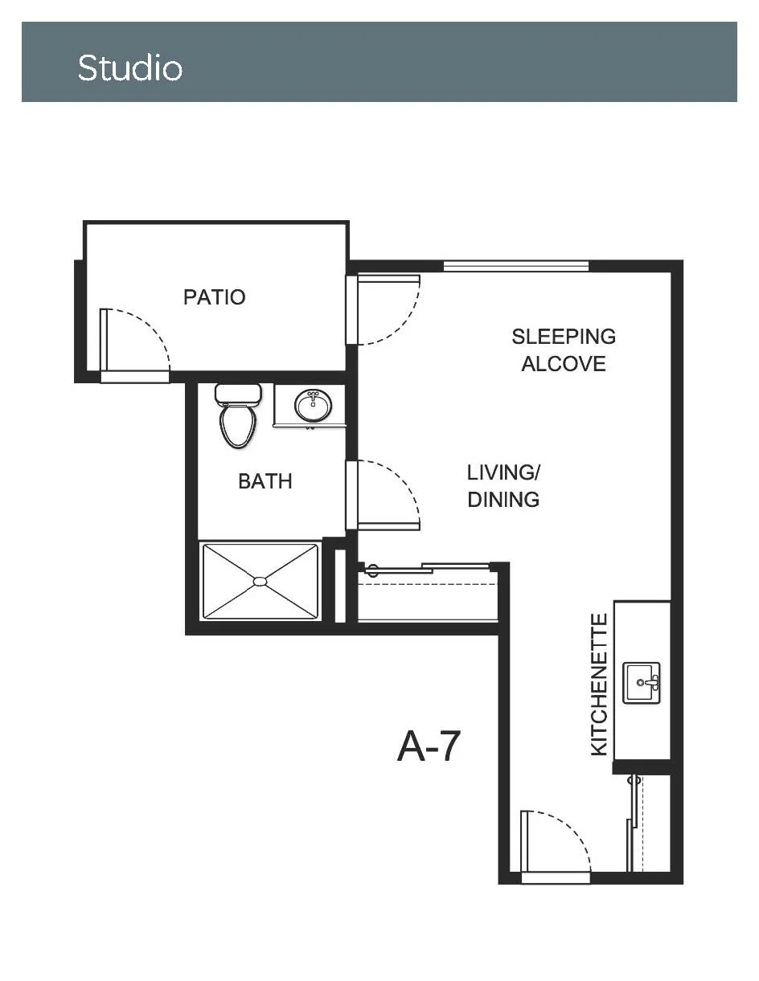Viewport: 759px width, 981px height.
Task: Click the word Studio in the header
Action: point(129,68)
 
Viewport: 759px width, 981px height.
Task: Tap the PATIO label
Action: point(214,297)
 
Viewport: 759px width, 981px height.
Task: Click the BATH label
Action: point(265,481)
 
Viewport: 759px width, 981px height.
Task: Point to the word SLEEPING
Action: point(564,337)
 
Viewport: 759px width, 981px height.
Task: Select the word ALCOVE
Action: point(564,364)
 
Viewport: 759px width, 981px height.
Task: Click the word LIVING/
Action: point(504,472)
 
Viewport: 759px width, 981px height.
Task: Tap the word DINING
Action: point(504,500)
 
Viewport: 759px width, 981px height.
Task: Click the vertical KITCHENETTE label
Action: point(600,685)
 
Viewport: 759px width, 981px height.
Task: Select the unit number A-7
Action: point(429,746)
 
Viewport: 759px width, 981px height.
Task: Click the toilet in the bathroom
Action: point(238,415)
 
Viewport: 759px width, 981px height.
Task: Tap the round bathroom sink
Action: point(313,406)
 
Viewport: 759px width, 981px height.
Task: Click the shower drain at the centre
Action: point(260,582)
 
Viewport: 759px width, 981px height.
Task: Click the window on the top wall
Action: point(516,267)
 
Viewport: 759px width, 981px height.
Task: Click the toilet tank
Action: point(238,394)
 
